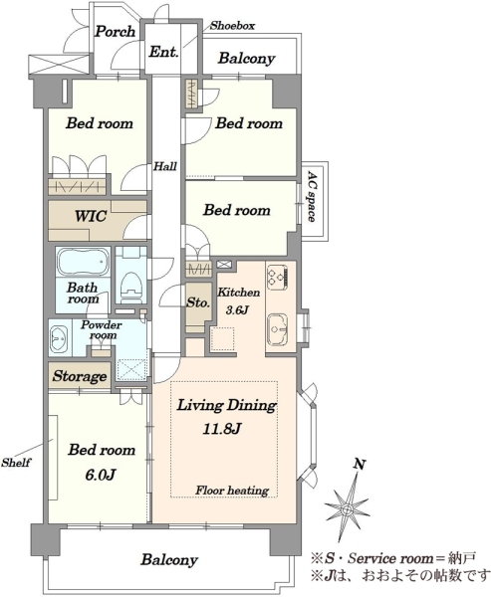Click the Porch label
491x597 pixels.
115,32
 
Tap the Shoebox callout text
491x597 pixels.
232,26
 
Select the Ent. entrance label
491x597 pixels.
163,52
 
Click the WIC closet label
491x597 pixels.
91,216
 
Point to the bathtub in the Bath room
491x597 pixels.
83,262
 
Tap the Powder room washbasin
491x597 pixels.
59,338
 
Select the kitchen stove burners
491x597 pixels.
278,277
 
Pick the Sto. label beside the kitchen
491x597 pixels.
198,302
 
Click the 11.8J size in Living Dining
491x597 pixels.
221,429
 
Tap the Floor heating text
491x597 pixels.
232,490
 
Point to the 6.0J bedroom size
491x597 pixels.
100,475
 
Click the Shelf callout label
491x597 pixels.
16,463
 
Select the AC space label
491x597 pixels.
312,196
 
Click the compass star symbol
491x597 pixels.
347,508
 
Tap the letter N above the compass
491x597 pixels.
360,464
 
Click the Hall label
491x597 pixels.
165,166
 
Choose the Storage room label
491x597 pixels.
80,376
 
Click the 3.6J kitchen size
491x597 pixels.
237,309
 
